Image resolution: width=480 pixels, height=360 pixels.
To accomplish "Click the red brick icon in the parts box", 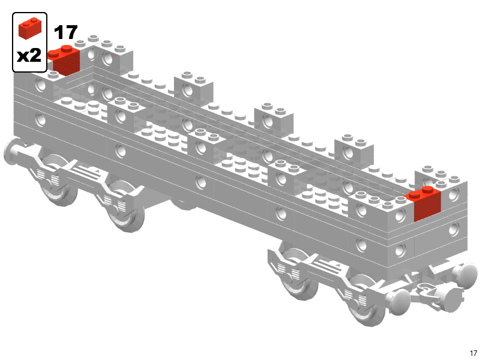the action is pos(30,28).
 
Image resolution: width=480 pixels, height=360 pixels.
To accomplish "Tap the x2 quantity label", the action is pos(29,55).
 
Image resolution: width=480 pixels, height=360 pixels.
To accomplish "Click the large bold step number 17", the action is pos(65,32).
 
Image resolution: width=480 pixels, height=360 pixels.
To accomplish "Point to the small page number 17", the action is pos(473,353).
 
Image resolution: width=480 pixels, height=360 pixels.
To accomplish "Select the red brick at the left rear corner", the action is pos(64,61).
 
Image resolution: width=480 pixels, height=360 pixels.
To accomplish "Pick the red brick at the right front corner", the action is pos(424,203).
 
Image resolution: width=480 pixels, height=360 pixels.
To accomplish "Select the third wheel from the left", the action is pos(298,272).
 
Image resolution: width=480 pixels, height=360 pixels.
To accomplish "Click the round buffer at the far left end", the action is pos(13,152).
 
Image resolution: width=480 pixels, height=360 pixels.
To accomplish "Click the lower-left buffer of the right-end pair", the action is pos(398,301).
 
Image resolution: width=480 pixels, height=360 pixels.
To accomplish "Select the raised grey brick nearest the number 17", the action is pos(113,54).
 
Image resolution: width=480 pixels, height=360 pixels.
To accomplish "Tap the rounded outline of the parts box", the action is pos(13,42).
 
